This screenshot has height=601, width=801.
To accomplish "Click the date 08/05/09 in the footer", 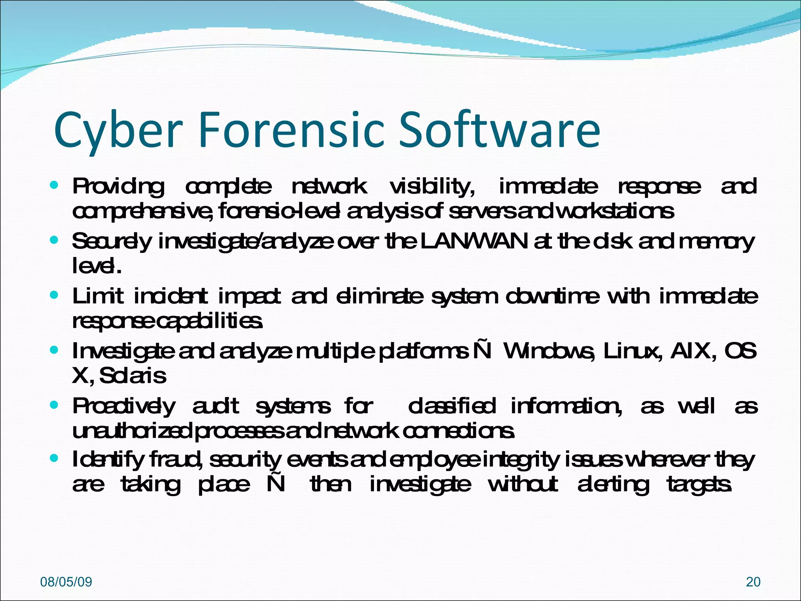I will pyautogui.click(x=66, y=582).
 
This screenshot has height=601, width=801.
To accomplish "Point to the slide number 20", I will pyautogui.click(x=753, y=582).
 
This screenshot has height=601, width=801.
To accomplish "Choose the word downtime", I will pyautogui.click(x=552, y=296).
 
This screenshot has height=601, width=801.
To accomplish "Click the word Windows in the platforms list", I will pyautogui.click(x=550, y=351).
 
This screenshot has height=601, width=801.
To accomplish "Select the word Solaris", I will pyautogui.click(x=133, y=376).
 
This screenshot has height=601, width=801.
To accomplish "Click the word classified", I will pyautogui.click(x=452, y=406).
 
